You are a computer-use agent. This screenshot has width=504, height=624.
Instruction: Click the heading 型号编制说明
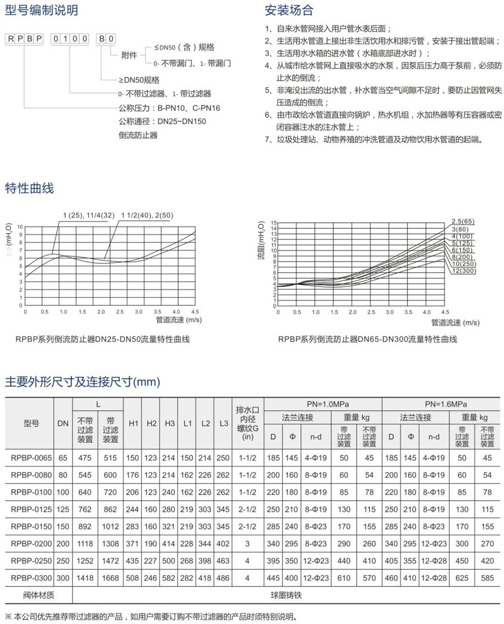pos(41,10)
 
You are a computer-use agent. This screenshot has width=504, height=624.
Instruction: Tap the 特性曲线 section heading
pos(29,188)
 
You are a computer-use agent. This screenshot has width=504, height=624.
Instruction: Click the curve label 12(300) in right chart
pos(463,271)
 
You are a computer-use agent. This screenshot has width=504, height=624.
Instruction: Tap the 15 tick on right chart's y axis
pos(274,223)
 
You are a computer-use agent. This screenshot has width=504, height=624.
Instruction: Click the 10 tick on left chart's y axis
pos(21,227)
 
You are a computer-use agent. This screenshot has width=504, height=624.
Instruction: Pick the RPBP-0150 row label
pos(30,526)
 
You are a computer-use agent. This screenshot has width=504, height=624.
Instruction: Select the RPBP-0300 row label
pos(30,577)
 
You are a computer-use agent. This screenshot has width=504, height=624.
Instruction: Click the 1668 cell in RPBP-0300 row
pos(110,577)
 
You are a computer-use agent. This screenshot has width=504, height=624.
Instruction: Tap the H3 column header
pos(169,424)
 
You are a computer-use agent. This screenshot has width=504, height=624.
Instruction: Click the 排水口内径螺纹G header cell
pos(247,424)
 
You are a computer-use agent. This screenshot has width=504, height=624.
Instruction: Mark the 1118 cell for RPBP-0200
pos(85,544)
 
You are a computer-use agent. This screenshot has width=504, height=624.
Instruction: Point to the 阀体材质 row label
pos(30,594)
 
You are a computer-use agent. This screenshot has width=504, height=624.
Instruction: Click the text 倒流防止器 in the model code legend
pos(138,135)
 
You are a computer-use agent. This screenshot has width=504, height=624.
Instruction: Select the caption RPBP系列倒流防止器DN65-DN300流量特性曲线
pos(367,339)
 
